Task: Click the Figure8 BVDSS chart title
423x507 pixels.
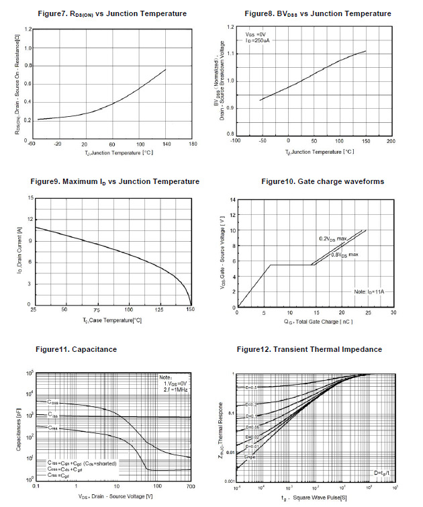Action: [x=318, y=13]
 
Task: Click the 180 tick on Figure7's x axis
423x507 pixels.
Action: [x=193, y=144]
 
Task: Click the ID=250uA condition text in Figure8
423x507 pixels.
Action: [x=258, y=40]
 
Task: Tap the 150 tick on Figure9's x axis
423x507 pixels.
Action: [x=191, y=310]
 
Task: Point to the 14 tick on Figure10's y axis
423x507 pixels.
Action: [x=232, y=199]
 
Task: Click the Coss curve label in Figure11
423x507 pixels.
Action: [x=52, y=402]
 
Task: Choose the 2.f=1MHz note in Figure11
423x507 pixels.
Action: [x=174, y=389]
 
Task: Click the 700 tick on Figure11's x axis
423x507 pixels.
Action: [x=191, y=486]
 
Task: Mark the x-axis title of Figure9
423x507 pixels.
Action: [x=112, y=320]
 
